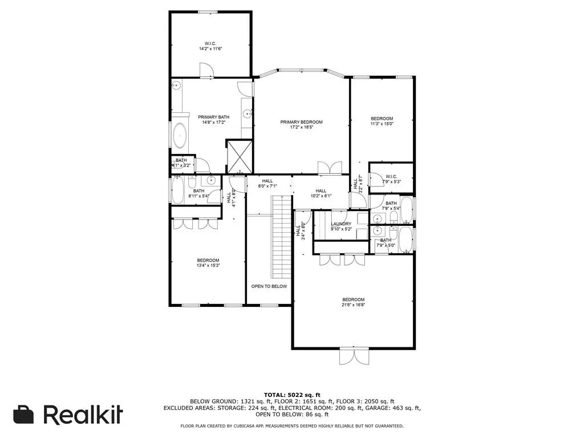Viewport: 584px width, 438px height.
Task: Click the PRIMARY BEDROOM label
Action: [301, 122]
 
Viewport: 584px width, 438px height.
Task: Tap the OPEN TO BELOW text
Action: [269, 286]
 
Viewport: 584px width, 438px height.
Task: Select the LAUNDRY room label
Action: [342, 224]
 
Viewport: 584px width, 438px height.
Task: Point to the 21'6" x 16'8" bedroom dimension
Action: [353, 305]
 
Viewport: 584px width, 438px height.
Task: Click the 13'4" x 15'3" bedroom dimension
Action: [208, 265]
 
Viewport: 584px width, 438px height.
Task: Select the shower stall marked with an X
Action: [240, 156]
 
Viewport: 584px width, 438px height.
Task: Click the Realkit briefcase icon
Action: [23, 415]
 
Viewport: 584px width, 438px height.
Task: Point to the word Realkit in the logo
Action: [83, 415]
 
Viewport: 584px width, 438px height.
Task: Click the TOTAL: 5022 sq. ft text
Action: [291, 395]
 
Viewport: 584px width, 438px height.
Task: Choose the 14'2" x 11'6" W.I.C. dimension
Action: [210, 49]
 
